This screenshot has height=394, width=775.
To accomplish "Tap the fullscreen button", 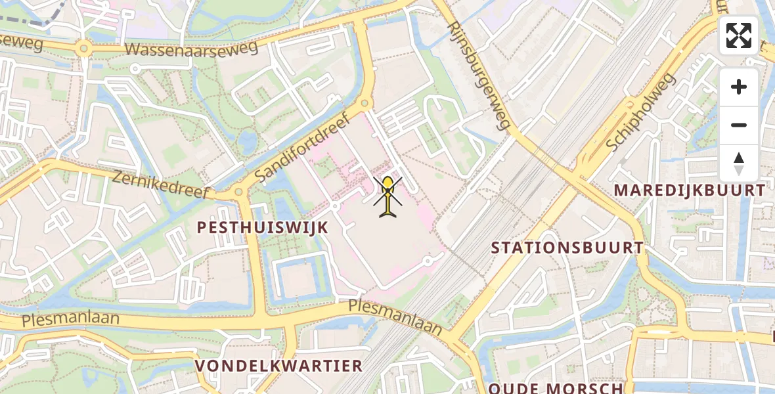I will coord(739,35).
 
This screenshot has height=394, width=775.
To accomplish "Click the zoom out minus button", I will coord(739,125).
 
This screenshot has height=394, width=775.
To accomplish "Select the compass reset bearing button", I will coord(739,163).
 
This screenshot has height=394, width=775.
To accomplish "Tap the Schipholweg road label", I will coord(641,112).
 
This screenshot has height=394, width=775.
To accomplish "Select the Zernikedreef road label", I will coord(160,185).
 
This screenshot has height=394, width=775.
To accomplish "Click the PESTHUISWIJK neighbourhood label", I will coord(263,227).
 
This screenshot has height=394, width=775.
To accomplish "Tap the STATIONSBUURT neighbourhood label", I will coord(567,248).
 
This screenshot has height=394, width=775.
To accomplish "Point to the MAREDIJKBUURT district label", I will coord(690,190).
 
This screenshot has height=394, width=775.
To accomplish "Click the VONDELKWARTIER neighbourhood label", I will coord(278,365).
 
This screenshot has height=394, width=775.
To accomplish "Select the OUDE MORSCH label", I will coord(556,387).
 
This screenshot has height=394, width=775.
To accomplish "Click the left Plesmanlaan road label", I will coord(70,320).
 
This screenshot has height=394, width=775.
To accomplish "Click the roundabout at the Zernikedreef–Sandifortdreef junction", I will coord(238,192).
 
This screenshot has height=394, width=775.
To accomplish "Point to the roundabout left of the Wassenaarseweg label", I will coord(83,48).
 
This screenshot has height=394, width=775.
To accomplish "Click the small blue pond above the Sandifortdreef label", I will coord(248,141).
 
